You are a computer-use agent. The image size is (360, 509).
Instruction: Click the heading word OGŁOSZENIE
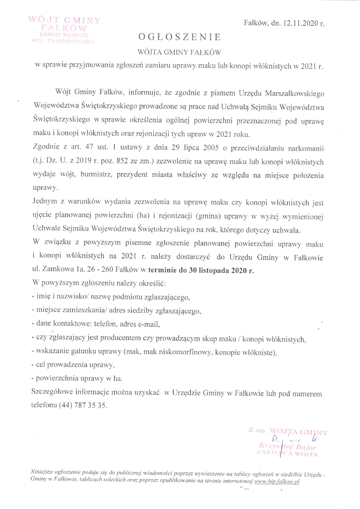click(x=179, y=37)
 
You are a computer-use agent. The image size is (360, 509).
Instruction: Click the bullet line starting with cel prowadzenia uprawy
click(x=74, y=365)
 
